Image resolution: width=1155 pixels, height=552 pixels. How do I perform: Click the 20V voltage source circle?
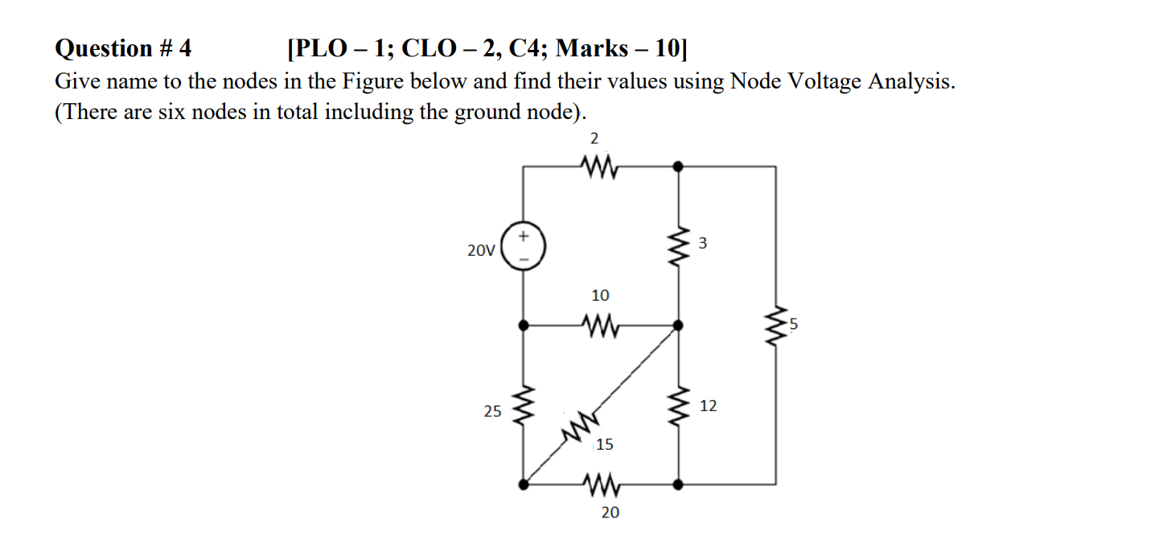[524, 246]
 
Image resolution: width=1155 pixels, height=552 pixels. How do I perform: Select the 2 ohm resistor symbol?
[596, 167]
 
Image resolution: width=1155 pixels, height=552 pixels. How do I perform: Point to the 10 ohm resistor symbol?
[597, 325]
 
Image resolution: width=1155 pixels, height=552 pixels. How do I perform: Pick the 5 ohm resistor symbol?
[776, 326]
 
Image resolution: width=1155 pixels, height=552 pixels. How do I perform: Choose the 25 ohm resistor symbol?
[524, 406]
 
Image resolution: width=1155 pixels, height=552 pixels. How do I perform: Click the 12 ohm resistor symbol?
[679, 406]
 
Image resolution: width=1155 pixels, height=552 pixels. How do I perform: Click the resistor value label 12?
[709, 406]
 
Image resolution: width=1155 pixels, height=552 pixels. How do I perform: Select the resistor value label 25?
[492, 411]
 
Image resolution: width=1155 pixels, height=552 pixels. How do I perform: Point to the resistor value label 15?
[605, 444]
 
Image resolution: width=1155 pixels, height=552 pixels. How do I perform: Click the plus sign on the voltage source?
[524, 237]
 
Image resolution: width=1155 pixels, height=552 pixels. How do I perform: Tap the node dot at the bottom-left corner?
[524, 484]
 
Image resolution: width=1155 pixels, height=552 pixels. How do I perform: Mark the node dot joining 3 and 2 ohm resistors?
[679, 167]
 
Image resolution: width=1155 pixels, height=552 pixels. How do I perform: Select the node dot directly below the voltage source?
[524, 325]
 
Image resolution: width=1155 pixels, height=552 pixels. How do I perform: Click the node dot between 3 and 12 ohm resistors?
[679, 325]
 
